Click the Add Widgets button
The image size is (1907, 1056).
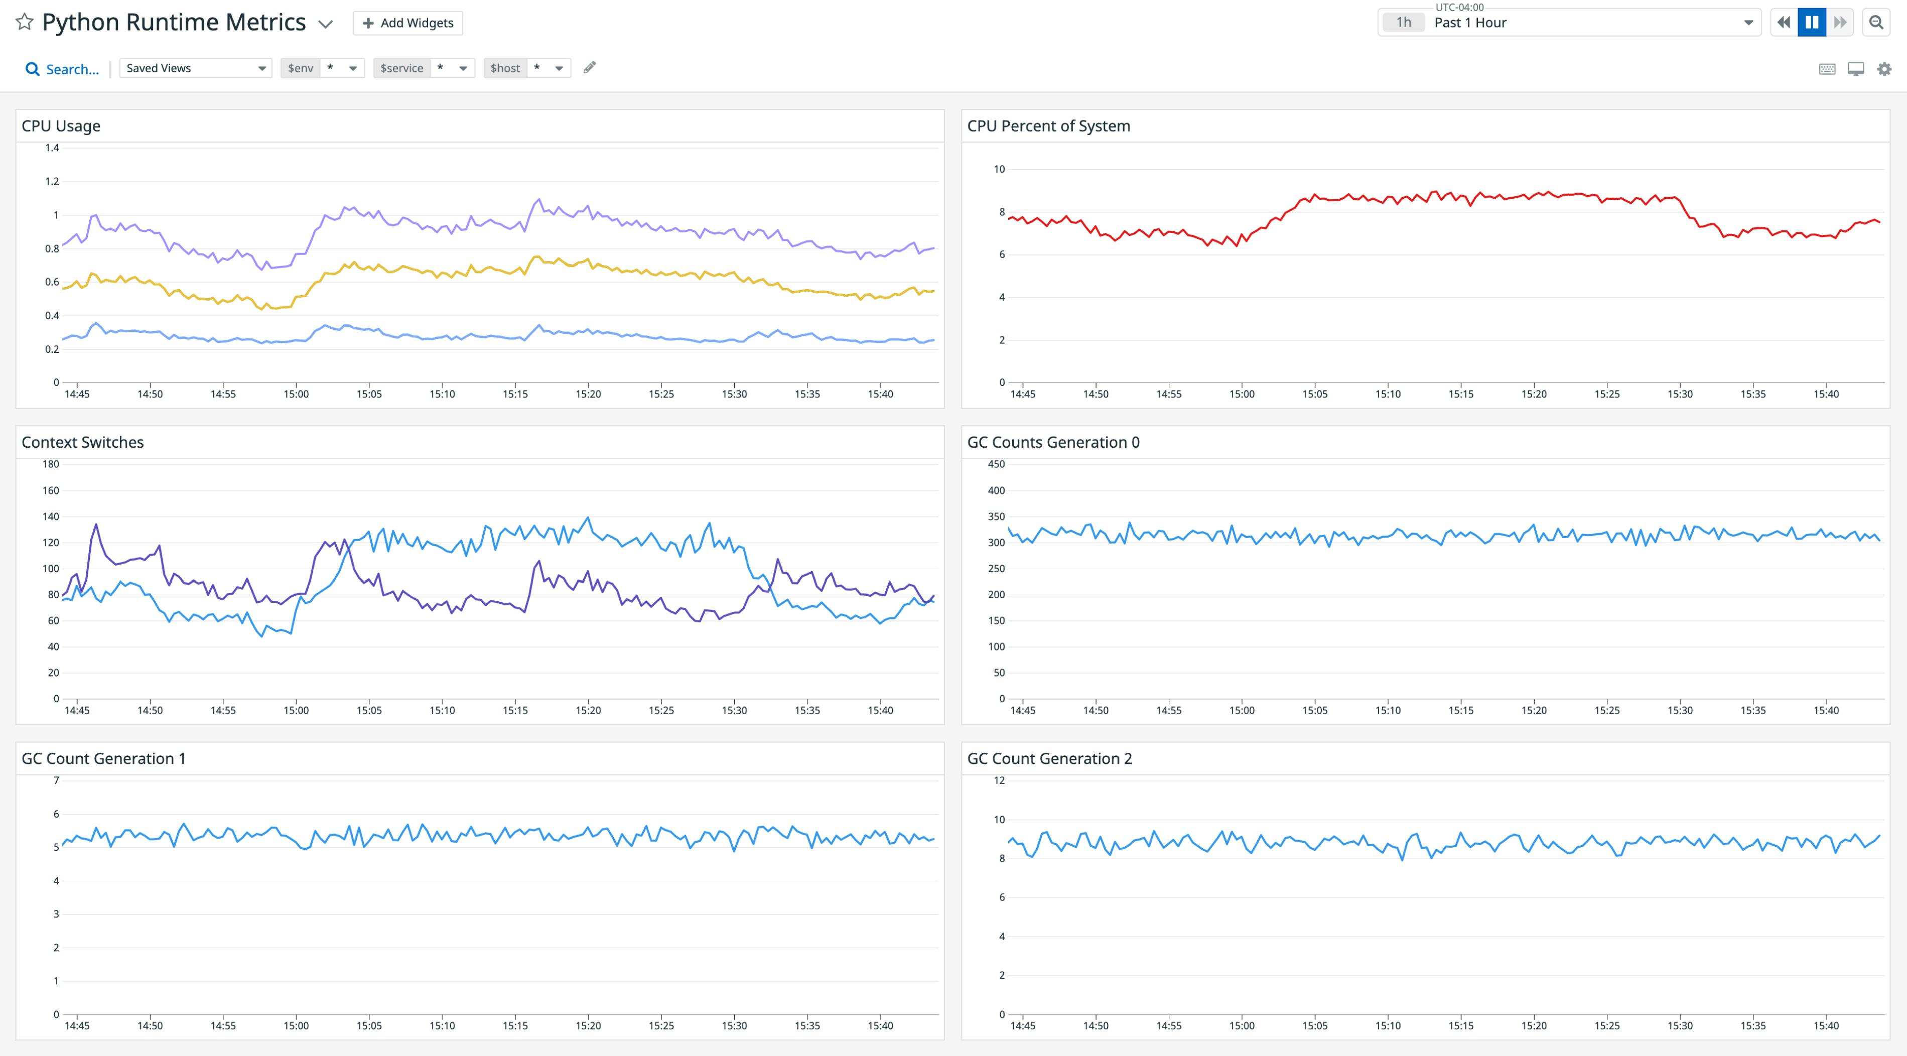coord(408,23)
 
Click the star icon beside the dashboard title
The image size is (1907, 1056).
coord(25,22)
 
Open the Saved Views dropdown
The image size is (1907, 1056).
coord(195,68)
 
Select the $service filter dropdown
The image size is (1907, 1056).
coord(424,68)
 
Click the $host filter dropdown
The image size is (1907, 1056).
coord(527,68)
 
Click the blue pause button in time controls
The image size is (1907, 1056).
coord(1812,22)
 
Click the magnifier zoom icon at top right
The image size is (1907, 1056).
coord(1876,22)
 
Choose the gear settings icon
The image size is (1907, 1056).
coord(1884,69)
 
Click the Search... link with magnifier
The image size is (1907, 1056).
coord(62,69)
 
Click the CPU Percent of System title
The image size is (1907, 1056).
coord(1048,126)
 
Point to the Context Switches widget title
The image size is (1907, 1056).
coord(82,442)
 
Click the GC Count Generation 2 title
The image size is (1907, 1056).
coord(1049,758)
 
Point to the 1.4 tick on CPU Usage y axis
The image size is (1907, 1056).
coord(52,148)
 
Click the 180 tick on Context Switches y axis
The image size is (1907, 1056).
coord(50,464)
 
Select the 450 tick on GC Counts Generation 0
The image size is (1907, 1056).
coord(997,464)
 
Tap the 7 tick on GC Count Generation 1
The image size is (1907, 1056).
coord(56,780)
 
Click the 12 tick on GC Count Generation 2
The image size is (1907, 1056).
coord(999,780)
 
